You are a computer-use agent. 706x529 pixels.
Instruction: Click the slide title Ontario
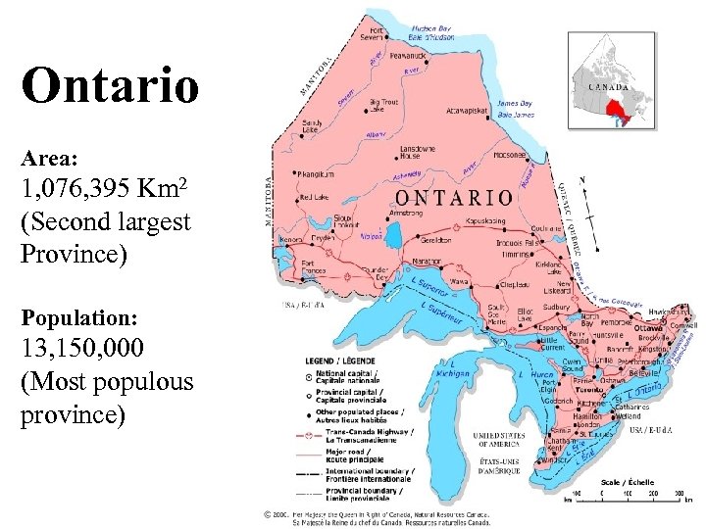(x=110, y=86)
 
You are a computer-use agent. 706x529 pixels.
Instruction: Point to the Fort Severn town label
(x=375, y=33)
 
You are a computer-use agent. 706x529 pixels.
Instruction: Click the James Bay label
(x=517, y=108)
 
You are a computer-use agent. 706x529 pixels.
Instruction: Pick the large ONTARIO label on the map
(x=451, y=197)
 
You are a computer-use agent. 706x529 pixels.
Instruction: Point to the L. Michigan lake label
(x=451, y=373)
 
